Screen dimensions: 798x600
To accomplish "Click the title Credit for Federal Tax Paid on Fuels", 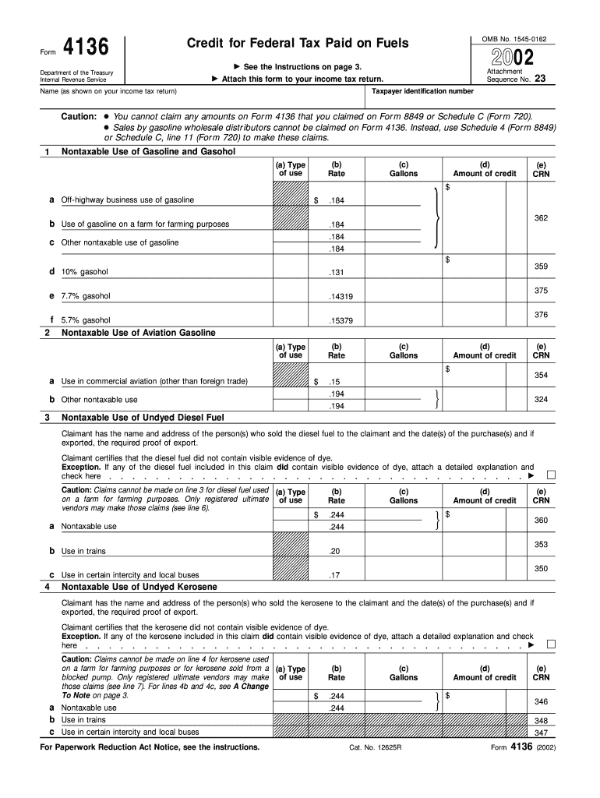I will (x=298, y=43).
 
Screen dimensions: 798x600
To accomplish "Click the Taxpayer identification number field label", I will (x=422, y=91).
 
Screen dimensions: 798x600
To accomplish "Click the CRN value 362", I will (x=541, y=218).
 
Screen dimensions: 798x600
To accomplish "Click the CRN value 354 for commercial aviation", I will (x=541, y=376).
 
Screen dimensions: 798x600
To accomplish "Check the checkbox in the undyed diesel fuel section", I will (x=552, y=474).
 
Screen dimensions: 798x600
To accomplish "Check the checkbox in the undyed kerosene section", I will (x=552, y=644).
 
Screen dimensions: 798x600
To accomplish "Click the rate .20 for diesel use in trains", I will (x=336, y=551).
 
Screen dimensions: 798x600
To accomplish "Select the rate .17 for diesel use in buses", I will (x=336, y=576).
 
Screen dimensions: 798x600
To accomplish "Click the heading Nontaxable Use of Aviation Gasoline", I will (x=139, y=333).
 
